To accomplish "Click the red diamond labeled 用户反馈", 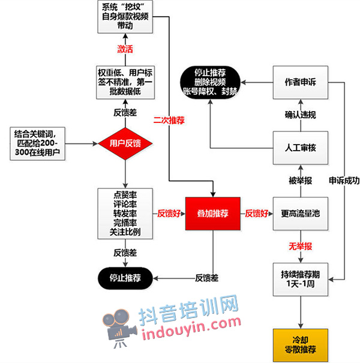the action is point(125,143).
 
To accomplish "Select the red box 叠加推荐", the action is point(213,214).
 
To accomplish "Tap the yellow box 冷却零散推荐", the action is point(301,345).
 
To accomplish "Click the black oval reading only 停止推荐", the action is point(125,278).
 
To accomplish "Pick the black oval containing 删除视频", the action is point(210,82).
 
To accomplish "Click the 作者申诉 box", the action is point(301,82).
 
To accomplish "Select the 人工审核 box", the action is point(301,148).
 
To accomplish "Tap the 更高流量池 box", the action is point(301,214).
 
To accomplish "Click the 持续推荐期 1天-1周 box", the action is point(301,279).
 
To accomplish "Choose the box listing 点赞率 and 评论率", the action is point(125,214).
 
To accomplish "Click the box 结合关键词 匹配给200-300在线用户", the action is point(38,143).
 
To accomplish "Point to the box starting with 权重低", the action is point(125,82).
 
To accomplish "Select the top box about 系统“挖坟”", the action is point(125,17).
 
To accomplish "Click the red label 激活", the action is point(125,49).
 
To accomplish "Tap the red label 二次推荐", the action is point(169,121).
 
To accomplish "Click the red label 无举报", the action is point(300,247).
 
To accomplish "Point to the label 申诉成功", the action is point(344,181).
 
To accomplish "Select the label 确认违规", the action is point(300,115).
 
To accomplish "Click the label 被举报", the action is point(300,181).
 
